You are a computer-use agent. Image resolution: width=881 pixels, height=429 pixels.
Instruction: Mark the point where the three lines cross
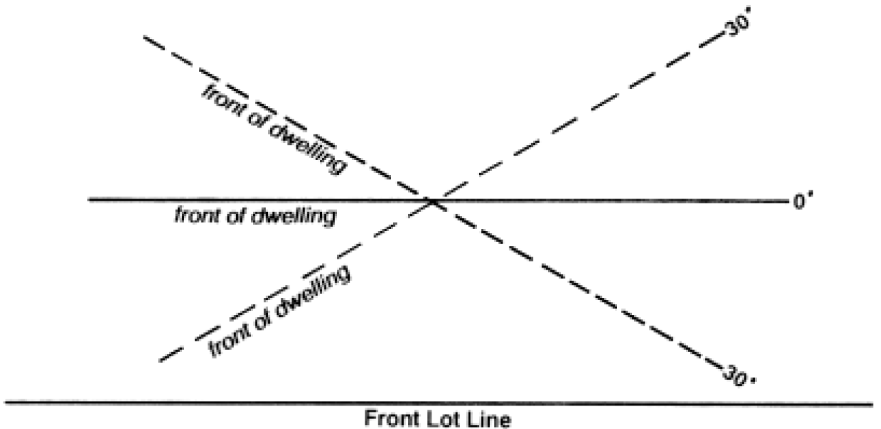[433, 201]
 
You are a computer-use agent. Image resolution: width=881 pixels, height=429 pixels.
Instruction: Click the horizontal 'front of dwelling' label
[255, 217]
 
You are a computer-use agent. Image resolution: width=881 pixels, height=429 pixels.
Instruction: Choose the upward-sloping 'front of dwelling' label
[280, 311]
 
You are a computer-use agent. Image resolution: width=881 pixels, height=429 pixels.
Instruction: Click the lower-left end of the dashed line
[159, 360]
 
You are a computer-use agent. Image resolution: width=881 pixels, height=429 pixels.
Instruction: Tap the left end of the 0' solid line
[89, 200]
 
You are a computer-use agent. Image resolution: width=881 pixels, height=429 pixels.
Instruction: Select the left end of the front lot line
[6, 401]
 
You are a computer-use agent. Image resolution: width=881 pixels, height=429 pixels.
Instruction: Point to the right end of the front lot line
[873, 402]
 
